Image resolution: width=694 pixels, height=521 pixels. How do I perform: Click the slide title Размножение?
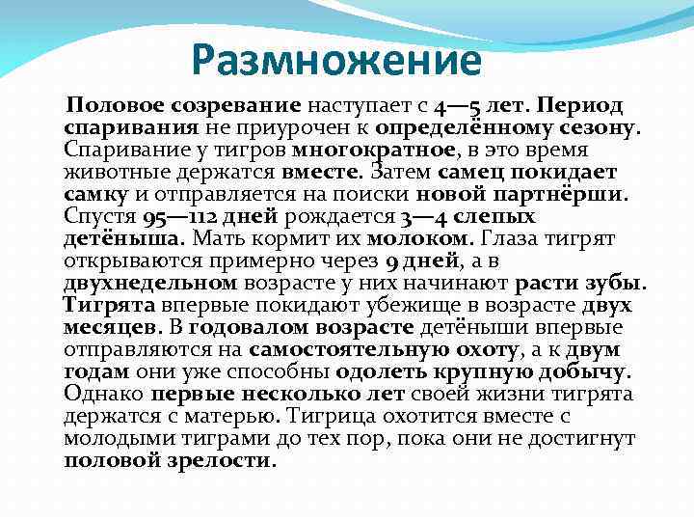click(335, 60)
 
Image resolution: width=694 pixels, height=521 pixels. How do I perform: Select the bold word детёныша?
click(124, 237)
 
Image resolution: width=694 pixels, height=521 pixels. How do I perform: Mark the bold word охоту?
click(489, 349)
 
